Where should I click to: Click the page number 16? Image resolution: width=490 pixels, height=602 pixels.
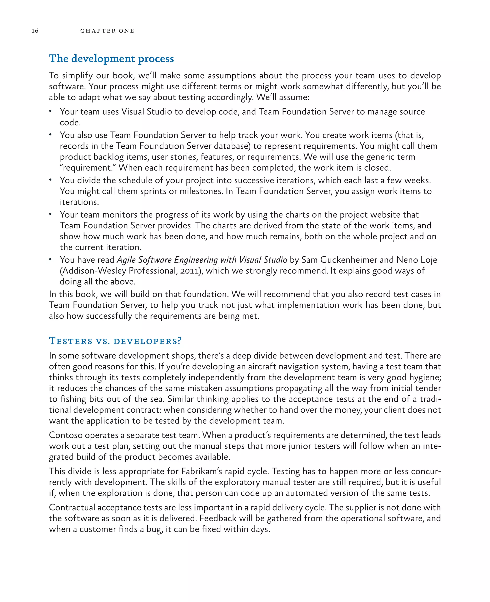point(35,31)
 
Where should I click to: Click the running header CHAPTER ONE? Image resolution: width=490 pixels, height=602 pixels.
point(107,31)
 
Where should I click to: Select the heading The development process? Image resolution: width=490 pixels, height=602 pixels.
point(111,59)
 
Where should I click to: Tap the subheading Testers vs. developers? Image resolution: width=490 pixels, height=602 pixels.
point(115,341)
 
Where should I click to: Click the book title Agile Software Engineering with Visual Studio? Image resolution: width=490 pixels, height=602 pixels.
point(202,260)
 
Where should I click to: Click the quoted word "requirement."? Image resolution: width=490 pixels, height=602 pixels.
point(88,168)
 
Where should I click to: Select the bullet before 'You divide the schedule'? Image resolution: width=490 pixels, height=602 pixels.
point(50,180)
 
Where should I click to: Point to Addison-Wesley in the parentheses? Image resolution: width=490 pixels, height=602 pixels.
point(93,271)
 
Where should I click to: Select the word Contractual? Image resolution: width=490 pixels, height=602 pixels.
point(72,507)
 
